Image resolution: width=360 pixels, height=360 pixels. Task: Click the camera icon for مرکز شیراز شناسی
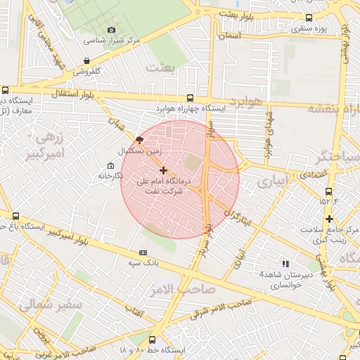(111, 30)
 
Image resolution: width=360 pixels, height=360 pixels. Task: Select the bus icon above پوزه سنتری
(309, 18)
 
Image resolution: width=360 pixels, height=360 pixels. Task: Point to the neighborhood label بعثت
(160, 67)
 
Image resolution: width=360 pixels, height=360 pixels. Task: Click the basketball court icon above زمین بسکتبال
(139, 140)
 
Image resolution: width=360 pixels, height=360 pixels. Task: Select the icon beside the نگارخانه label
(110, 165)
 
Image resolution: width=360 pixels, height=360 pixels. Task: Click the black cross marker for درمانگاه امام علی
(163, 170)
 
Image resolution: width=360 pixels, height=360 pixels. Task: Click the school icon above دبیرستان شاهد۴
(285, 263)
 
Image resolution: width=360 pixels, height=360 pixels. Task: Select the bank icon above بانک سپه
(143, 252)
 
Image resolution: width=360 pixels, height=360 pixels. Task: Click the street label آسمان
(231, 35)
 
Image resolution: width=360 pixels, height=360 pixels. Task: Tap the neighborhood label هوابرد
(245, 103)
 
